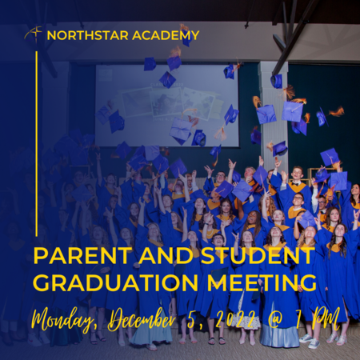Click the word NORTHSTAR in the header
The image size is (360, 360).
[x=88, y=35]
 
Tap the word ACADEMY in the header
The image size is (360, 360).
[x=166, y=35]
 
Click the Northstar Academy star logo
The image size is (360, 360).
[x=34, y=34]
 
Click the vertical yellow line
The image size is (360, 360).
[x=37, y=144]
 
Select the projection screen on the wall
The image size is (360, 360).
[x=167, y=106]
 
